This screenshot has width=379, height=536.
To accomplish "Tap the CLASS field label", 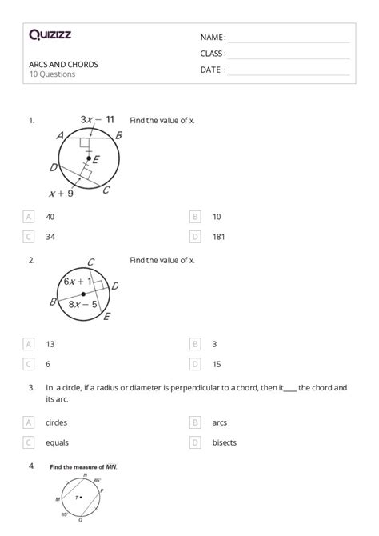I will coord(212,54).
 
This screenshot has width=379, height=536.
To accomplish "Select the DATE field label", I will coord(212,70).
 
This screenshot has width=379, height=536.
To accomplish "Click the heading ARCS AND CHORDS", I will coord(64,64).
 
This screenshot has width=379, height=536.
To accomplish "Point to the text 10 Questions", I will coord(52,74).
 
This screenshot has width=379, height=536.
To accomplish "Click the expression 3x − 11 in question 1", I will coord(98,120).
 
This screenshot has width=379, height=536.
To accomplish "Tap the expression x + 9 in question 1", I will coord(62,193).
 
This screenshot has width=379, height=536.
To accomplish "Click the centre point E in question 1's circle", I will coord(89,158).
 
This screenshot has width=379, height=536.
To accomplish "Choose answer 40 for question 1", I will coord(50,216).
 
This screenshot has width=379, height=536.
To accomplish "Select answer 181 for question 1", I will coord(217,236).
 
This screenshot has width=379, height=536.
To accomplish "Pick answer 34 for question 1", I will coord(50,236).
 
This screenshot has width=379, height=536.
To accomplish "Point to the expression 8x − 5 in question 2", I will coord(82,304).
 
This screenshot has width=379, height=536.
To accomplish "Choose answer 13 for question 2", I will coord(50,343).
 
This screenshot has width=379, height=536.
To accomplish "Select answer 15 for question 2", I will coord(217,363).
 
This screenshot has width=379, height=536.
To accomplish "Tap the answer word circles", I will coord(57,422).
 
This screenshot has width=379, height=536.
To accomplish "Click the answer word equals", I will coord(56,442).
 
